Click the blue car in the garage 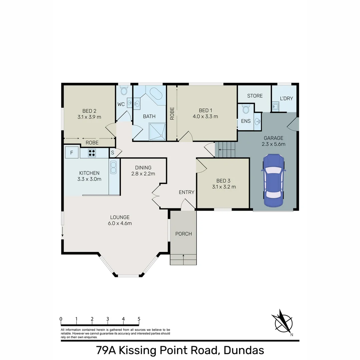(x=273, y=180)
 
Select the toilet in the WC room (x=124, y=91)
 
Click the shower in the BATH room (x=157, y=130)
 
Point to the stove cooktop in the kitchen (x=92, y=153)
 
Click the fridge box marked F (x=72, y=153)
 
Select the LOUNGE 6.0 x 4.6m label (x=120, y=220)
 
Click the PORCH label (x=183, y=234)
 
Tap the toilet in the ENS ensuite (x=246, y=109)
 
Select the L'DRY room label (x=286, y=98)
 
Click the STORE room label (x=255, y=96)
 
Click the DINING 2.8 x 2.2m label (x=143, y=171)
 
